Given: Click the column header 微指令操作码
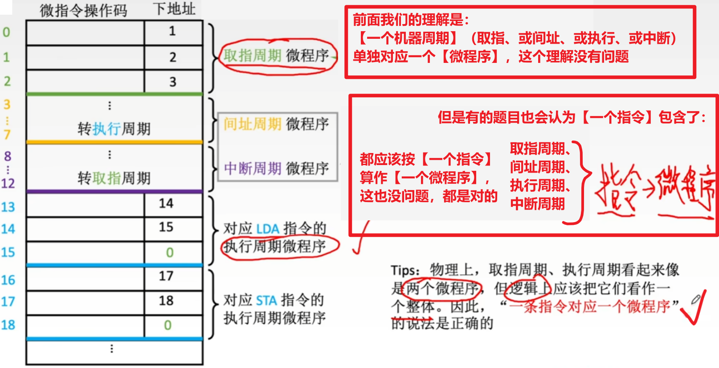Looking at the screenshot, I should click(x=83, y=10).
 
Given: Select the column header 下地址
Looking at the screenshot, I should click(x=174, y=9).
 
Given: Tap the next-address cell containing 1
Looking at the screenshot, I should click(x=172, y=31).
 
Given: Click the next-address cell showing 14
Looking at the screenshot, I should click(x=166, y=203).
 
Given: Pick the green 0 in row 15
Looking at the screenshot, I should click(x=170, y=252).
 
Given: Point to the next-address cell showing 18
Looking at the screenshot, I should click(x=166, y=301).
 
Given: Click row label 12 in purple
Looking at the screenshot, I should click(x=8, y=183).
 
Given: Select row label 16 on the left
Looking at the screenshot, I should click(x=8, y=280).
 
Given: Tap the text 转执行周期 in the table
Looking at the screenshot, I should click(x=114, y=129).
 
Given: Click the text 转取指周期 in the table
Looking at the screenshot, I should click(x=114, y=178).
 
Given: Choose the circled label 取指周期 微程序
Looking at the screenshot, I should click(x=276, y=56).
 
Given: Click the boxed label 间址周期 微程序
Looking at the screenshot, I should click(x=276, y=124).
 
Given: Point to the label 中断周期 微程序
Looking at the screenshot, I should click(x=276, y=169).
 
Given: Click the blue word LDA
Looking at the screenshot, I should click(x=268, y=229).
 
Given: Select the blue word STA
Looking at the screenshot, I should click(x=267, y=300).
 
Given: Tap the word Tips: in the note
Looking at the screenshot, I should click(x=405, y=270).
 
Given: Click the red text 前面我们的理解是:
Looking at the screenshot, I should click(x=410, y=20).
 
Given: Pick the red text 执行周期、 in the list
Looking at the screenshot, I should click(x=540, y=185).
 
